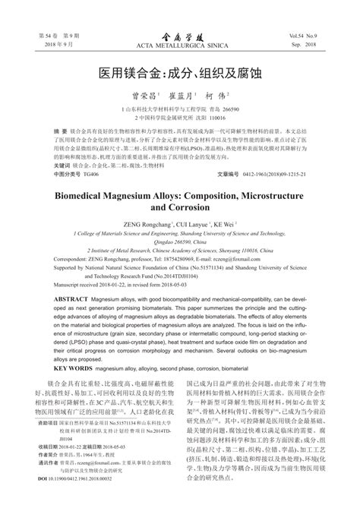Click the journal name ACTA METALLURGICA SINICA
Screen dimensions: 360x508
pos(179,46)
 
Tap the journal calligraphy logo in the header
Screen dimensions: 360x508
pos(179,35)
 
